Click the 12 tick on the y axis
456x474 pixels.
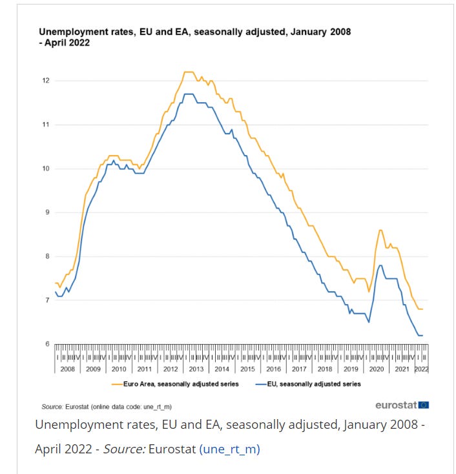(47, 81)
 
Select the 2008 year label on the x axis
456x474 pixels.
(67, 369)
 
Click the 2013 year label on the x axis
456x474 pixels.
(196, 369)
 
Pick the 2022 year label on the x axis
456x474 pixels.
(422, 369)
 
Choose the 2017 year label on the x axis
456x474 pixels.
(299, 369)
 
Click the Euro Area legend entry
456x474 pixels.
(175, 384)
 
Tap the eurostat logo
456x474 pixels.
(396, 406)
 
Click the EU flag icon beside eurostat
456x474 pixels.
(424, 405)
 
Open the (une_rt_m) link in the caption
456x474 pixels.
(229, 449)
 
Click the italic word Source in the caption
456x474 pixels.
(127, 449)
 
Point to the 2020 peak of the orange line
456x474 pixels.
(380, 230)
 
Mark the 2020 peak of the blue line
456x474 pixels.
(380, 265)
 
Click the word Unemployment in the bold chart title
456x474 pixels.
(70, 31)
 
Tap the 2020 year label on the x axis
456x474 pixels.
(377, 369)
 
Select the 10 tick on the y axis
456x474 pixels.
(47, 169)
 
